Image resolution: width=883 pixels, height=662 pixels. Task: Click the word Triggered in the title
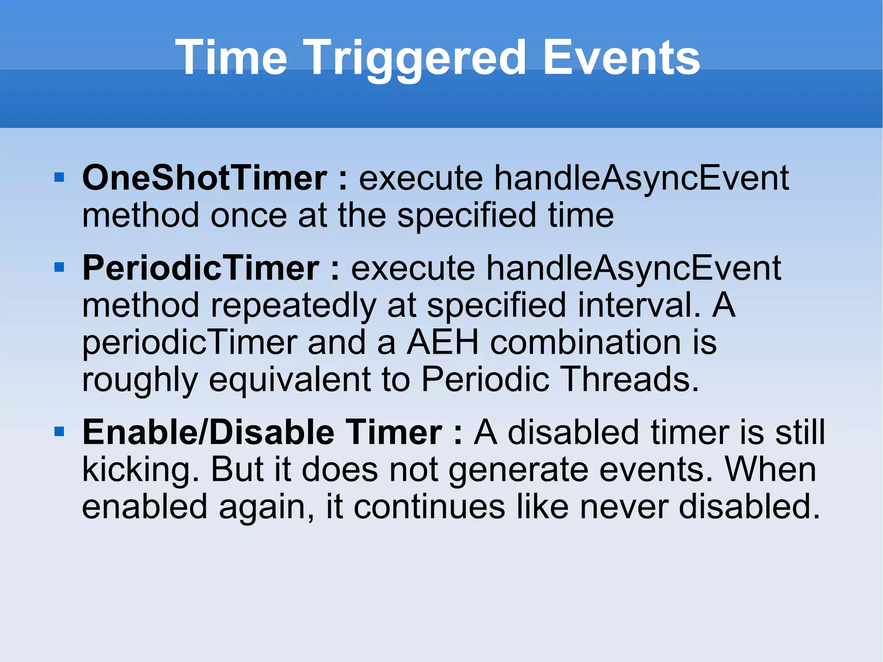pos(416,58)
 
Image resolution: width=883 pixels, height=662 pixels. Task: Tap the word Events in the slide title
pos(621,58)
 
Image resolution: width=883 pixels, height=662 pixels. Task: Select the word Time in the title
pos(231,58)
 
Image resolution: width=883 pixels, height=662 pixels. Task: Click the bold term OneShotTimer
pos(204,178)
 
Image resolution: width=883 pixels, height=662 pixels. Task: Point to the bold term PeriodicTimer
pos(200,268)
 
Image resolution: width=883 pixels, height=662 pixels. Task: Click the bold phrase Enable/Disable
pos(208,432)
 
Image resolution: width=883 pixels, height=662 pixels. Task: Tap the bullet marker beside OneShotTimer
pos(59,177)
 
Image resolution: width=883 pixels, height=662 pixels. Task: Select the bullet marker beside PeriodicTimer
pos(59,267)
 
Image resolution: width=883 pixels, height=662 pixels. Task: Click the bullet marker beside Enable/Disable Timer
pos(59,431)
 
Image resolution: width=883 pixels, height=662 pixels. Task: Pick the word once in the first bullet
pos(248,216)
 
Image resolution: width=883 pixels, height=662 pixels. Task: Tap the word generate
pos(518,470)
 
